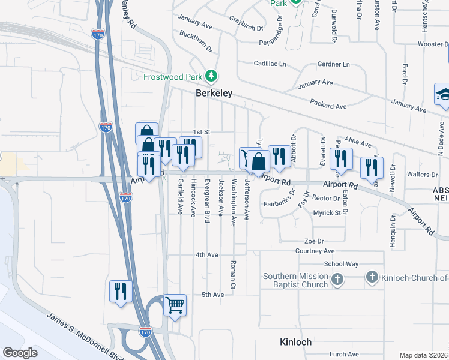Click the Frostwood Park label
(x=173, y=76)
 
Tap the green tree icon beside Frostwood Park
(x=211, y=76)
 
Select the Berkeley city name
(x=214, y=94)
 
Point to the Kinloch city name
(x=295, y=342)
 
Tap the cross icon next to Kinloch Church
(x=372, y=277)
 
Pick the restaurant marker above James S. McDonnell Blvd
(x=121, y=291)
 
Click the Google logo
(x=20, y=353)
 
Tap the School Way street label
(x=341, y=264)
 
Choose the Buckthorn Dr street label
(x=196, y=40)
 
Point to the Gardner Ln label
(x=333, y=64)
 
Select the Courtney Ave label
(x=315, y=251)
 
